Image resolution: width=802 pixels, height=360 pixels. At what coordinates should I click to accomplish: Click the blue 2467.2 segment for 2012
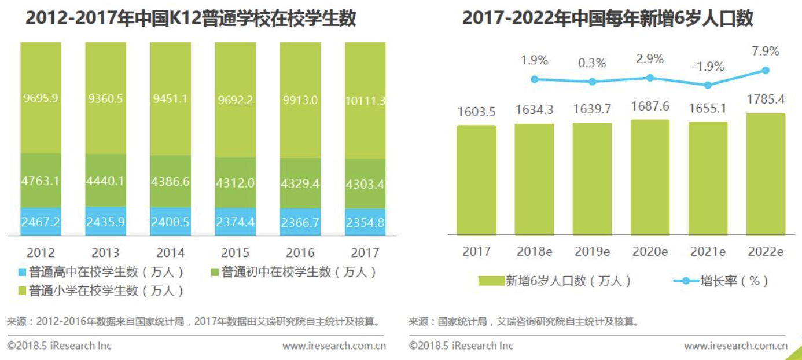41,222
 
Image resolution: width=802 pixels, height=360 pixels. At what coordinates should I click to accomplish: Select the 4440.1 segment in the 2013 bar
105,181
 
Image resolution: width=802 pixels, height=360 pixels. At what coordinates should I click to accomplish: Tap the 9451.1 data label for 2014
170,98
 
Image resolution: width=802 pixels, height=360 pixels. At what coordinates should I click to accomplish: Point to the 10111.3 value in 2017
365,101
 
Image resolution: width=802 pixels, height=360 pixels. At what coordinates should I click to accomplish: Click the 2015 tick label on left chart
236,253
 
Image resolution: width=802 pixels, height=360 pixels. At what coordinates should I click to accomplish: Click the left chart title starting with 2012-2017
191,19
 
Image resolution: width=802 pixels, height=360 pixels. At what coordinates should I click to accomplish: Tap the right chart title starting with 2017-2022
608,19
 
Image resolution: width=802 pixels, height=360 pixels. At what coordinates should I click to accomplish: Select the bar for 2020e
650,177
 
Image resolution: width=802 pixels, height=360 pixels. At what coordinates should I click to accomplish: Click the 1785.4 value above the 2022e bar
766,100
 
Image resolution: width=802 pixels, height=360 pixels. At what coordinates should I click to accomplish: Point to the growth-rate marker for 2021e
708,85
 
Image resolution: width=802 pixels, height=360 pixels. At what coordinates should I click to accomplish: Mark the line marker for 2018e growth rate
534,79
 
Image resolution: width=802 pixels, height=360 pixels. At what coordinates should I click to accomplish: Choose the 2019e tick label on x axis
592,252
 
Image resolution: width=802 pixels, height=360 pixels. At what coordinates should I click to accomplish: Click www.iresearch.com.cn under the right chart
735,346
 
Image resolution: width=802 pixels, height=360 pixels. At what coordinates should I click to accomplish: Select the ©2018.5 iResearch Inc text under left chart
60,346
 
